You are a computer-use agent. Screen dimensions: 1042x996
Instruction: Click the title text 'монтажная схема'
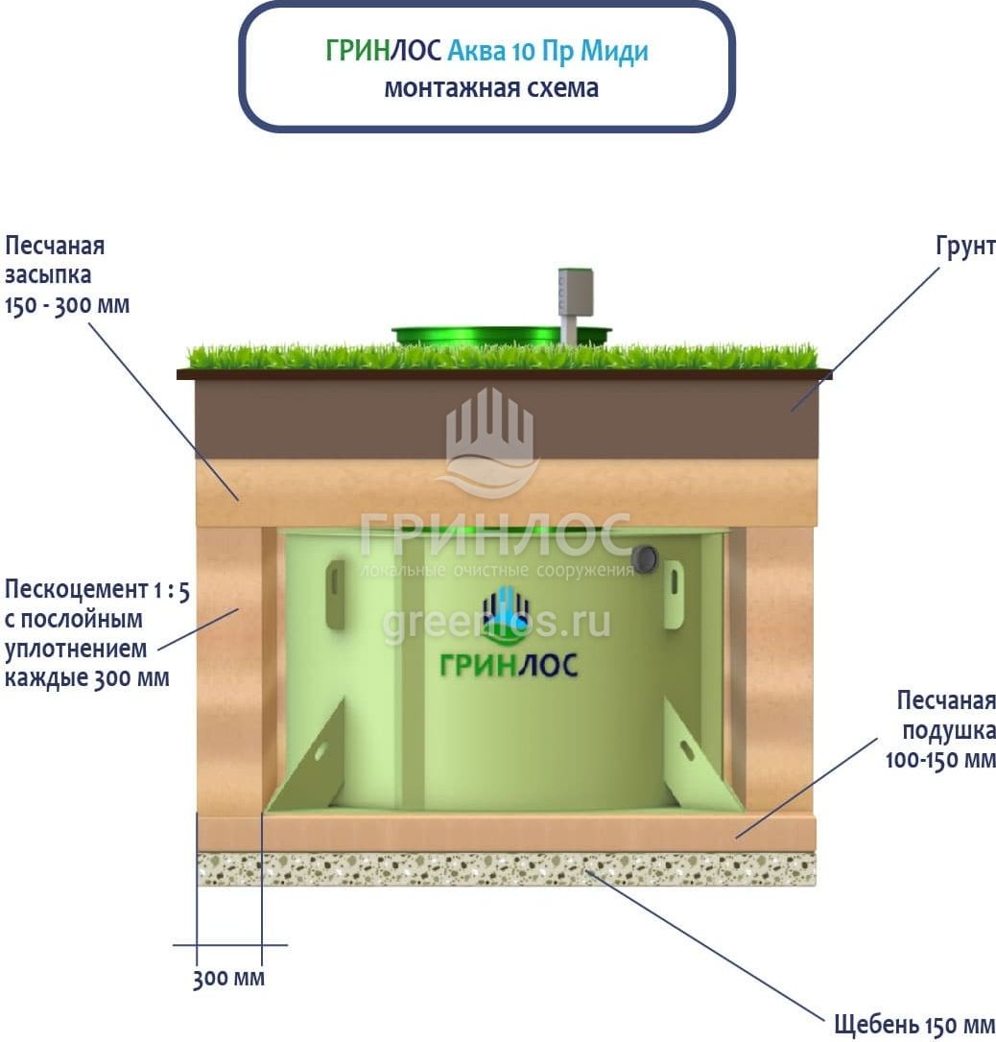tap(490, 88)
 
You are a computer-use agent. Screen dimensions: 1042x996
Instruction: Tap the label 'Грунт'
tap(965, 246)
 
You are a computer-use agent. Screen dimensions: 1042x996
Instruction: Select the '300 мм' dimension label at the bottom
tap(228, 980)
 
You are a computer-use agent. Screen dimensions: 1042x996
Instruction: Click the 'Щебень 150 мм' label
tap(914, 1024)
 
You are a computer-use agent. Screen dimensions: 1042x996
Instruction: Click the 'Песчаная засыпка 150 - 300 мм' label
tap(66, 275)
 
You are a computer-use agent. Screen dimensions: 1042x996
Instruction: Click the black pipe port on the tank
tap(646, 557)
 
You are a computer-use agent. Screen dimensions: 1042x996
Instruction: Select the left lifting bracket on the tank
tap(335, 594)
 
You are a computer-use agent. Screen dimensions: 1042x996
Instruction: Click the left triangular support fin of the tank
tap(310, 758)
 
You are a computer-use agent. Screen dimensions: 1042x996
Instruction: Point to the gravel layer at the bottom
tap(507, 869)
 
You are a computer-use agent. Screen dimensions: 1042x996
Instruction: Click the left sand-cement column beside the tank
tap(229, 672)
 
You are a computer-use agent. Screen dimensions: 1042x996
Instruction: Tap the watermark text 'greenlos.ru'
tap(496, 623)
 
